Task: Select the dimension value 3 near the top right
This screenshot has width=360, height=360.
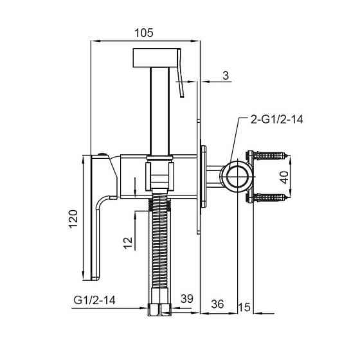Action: pyautogui.click(x=226, y=75)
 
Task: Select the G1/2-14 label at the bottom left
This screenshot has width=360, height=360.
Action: pyautogui.click(x=94, y=300)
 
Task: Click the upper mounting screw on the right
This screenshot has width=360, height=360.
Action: pyautogui.click(x=269, y=155)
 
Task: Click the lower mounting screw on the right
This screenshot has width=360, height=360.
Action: pyautogui.click(x=269, y=197)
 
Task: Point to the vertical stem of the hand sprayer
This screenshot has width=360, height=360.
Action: pyautogui.click(x=159, y=109)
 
